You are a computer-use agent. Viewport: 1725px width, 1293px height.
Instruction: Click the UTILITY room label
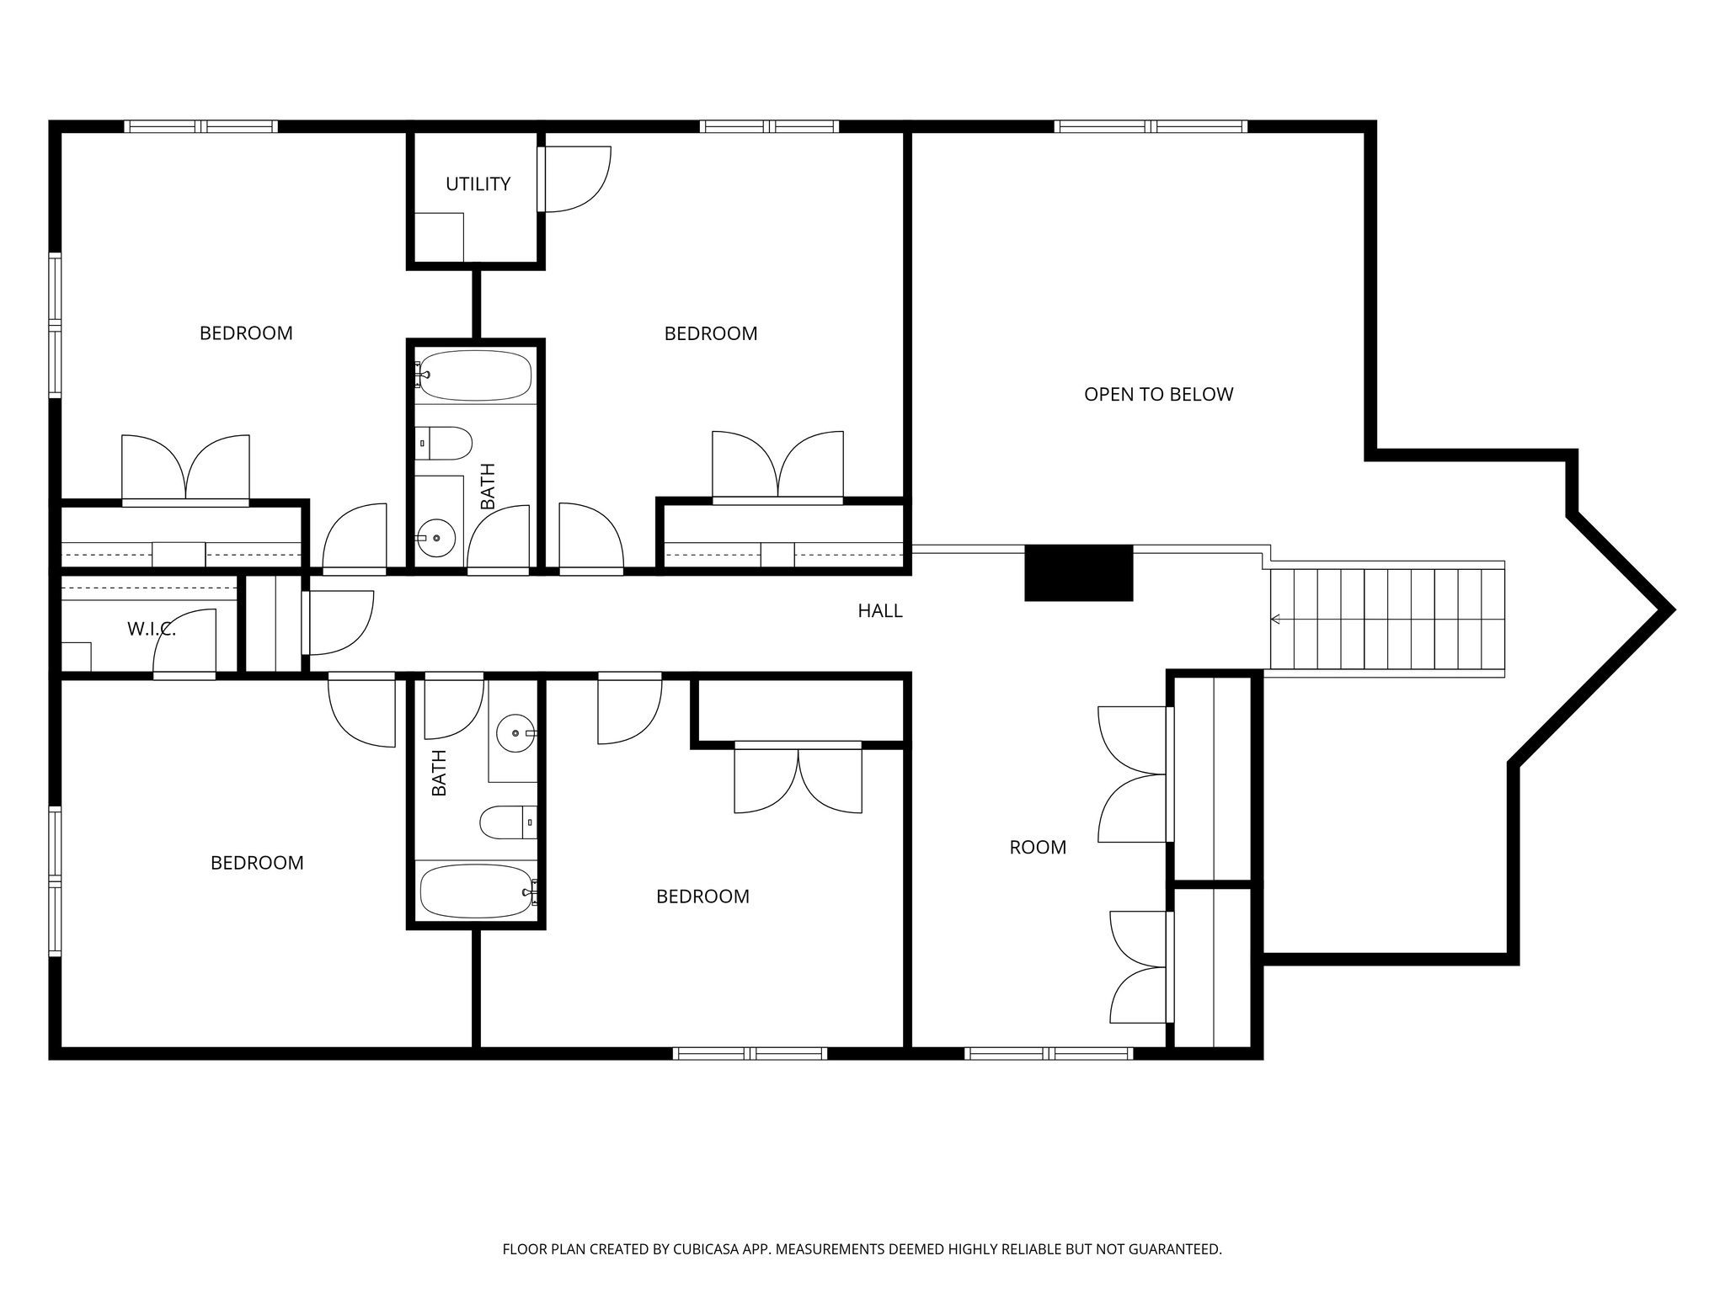pos(478,184)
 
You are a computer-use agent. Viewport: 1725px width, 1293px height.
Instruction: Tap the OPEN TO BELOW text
pos(1158,394)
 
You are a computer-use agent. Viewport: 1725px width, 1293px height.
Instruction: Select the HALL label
pos(879,611)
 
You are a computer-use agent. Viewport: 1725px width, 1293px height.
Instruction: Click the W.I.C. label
pos(152,629)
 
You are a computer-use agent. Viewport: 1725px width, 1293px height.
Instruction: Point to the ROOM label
pos(1038,848)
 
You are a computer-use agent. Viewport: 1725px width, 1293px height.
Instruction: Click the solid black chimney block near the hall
pos(1078,572)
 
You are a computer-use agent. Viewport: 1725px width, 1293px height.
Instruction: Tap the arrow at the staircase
pos(1275,620)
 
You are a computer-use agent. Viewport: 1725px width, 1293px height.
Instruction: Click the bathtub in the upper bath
pos(476,375)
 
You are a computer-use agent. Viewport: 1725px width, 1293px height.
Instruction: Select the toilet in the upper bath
pos(445,443)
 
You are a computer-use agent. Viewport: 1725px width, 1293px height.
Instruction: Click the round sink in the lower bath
pos(515,733)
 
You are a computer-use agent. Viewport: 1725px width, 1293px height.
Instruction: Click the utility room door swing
pos(576,178)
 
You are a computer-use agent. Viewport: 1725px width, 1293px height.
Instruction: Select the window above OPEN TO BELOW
pos(1151,127)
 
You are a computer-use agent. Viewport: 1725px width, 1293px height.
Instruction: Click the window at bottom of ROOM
pos(1048,1053)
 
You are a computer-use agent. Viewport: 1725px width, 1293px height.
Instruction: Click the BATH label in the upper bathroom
pos(488,486)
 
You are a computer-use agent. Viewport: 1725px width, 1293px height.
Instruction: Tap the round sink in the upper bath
pos(436,537)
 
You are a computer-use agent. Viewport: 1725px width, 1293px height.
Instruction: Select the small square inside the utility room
pos(439,237)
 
